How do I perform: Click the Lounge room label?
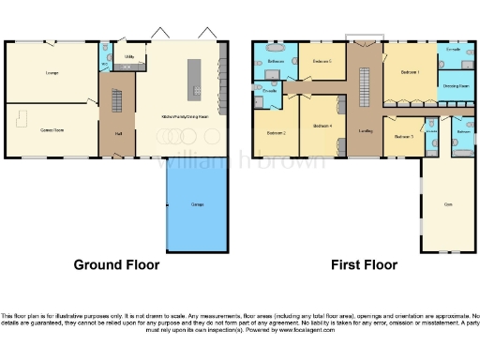point(51,71)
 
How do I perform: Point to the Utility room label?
point(128,57)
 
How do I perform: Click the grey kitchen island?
point(195,77)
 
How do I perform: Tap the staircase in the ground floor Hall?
point(117,99)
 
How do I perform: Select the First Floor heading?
point(364,265)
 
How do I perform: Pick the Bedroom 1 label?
point(410,71)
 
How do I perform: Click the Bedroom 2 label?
point(276,133)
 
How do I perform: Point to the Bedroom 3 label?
point(404,137)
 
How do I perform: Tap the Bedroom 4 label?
point(322,126)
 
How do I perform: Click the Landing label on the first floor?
point(365,132)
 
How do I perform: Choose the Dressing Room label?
point(457,85)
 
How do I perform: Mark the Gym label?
point(447,203)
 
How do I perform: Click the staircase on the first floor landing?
point(364,90)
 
